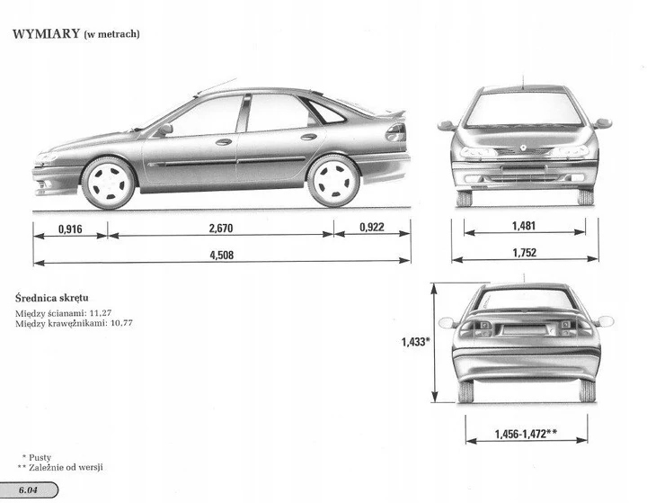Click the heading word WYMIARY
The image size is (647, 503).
click(x=44, y=35)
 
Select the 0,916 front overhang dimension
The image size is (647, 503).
click(x=69, y=229)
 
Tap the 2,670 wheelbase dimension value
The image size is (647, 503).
click(x=221, y=229)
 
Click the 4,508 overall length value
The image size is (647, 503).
click(x=221, y=255)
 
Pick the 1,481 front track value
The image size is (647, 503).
click(x=524, y=227)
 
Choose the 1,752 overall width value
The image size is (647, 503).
click(x=524, y=254)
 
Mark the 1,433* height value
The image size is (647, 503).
click(x=415, y=342)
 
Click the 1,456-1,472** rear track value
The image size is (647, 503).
click(x=526, y=435)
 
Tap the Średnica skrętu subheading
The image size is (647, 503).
click(x=51, y=296)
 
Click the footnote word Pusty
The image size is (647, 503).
click(x=41, y=458)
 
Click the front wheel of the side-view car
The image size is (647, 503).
click(x=109, y=183)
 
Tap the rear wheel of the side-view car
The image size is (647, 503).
click(x=333, y=179)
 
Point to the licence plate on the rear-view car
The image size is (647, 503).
click(x=525, y=329)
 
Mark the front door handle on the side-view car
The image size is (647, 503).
click(x=224, y=141)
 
